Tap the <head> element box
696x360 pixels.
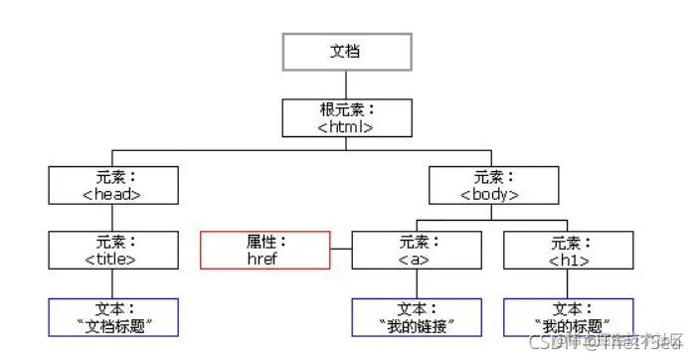113,185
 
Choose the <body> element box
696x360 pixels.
491,185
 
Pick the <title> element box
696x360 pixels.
113,250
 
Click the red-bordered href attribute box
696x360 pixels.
264,250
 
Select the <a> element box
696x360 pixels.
415,250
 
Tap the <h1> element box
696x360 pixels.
568,250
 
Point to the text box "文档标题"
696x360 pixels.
113,316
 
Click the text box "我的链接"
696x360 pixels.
415,316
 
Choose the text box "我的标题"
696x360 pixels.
568,316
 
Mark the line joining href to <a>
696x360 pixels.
340,250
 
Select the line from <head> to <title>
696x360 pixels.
113,218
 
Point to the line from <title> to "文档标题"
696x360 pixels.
113,283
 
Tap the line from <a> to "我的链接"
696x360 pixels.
415,283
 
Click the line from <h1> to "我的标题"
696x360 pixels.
568,283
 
